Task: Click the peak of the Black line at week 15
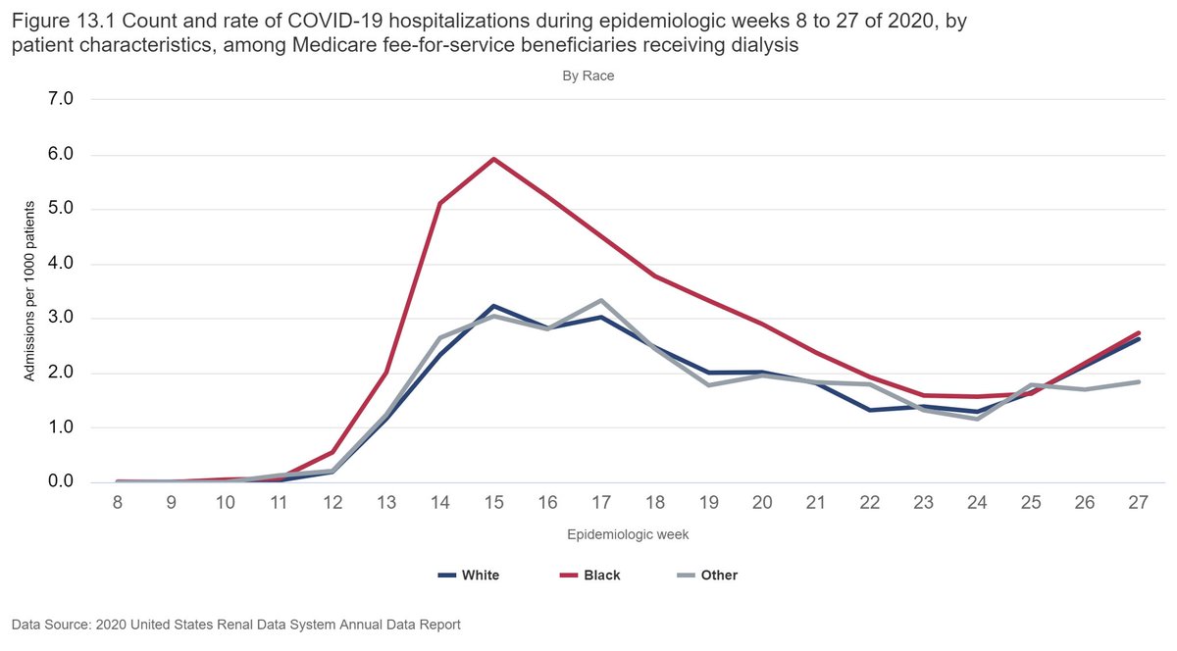tap(493, 159)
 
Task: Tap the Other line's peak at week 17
tap(600, 300)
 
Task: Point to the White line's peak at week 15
tap(493, 306)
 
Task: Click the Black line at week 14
tap(439, 203)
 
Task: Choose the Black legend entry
tap(590, 576)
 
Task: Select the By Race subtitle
tap(588, 75)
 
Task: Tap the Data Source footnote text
tap(236, 624)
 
